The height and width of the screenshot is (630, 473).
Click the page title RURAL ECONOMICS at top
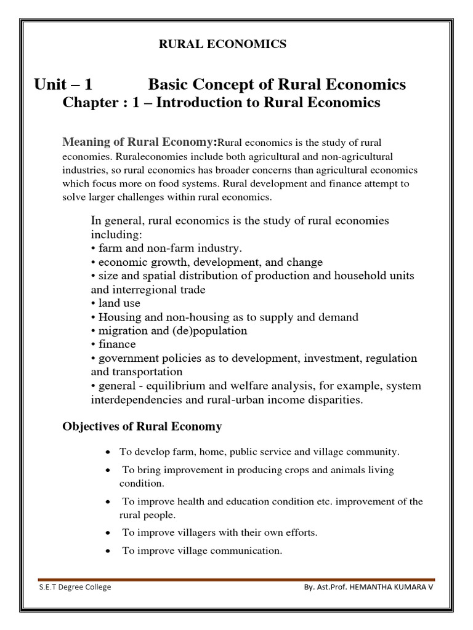(223, 44)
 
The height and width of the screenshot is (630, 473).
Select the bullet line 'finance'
(113, 344)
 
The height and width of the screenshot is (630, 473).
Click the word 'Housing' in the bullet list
(118, 317)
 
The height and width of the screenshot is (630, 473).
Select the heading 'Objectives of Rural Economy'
(142, 426)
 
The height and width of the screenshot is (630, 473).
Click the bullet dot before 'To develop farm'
(108, 452)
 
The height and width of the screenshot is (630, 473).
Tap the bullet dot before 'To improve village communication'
(108, 551)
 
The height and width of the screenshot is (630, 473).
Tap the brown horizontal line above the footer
(236, 579)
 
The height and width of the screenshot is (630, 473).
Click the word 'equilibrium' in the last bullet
(170, 386)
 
